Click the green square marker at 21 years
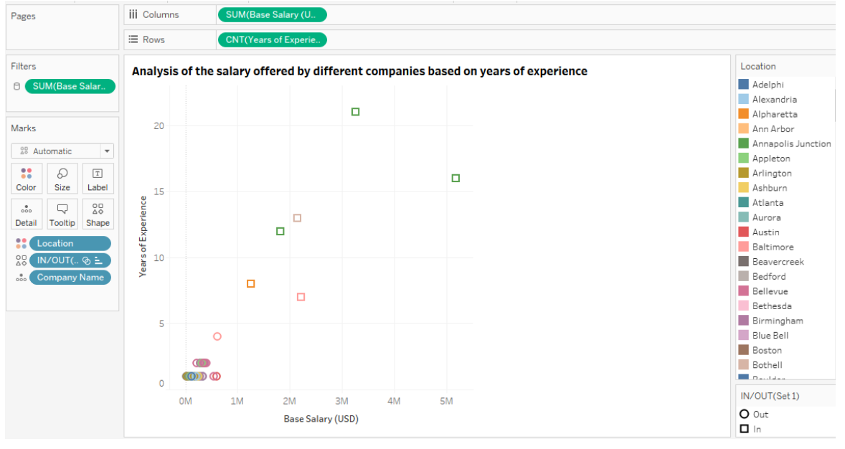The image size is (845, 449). click(355, 112)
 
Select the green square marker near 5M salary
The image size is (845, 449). click(455, 178)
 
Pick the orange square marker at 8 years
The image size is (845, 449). click(250, 284)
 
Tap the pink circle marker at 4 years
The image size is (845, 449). click(217, 336)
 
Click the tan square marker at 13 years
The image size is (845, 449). click(297, 218)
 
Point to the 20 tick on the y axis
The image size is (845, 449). click(159, 126)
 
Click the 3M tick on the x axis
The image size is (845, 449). click(341, 401)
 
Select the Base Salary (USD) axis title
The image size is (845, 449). click(321, 419)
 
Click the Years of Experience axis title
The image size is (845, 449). click(143, 236)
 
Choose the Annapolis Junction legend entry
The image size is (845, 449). click(791, 143)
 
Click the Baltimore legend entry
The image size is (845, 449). click(773, 247)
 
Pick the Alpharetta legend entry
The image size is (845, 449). click(774, 114)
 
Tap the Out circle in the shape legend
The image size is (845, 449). click(745, 414)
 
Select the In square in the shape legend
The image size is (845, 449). click(745, 429)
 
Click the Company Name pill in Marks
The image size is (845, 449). click(70, 278)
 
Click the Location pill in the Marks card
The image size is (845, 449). click(70, 243)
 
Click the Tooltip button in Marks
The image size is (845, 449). click(62, 213)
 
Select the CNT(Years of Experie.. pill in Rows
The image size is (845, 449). click(272, 40)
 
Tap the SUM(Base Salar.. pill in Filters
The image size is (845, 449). click(70, 87)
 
